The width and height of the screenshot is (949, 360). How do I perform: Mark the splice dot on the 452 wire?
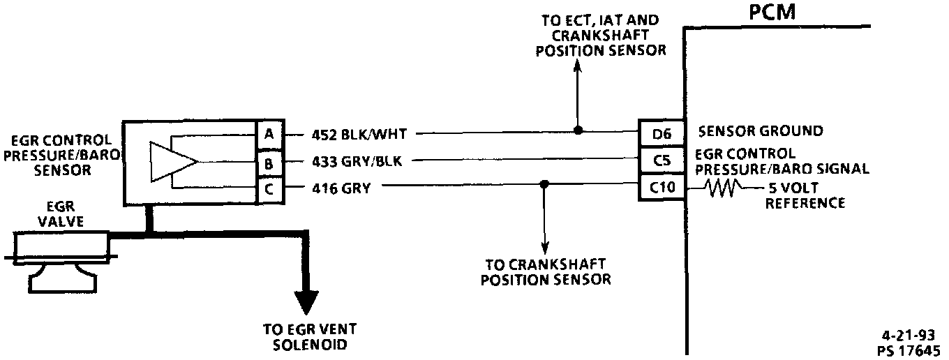click(578, 130)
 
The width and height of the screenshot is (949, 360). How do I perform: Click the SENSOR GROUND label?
click(760, 131)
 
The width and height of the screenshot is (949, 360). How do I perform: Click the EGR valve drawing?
click(61, 258)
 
